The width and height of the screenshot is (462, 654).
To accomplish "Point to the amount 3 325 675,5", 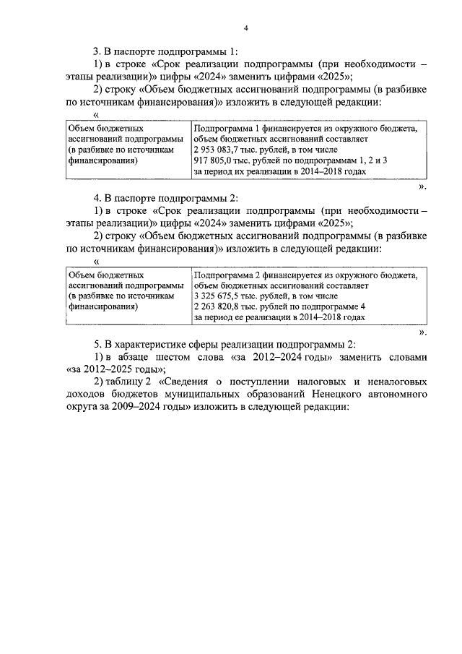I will pos(219,296).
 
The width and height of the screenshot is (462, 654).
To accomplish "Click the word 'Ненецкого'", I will pos(337,395).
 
